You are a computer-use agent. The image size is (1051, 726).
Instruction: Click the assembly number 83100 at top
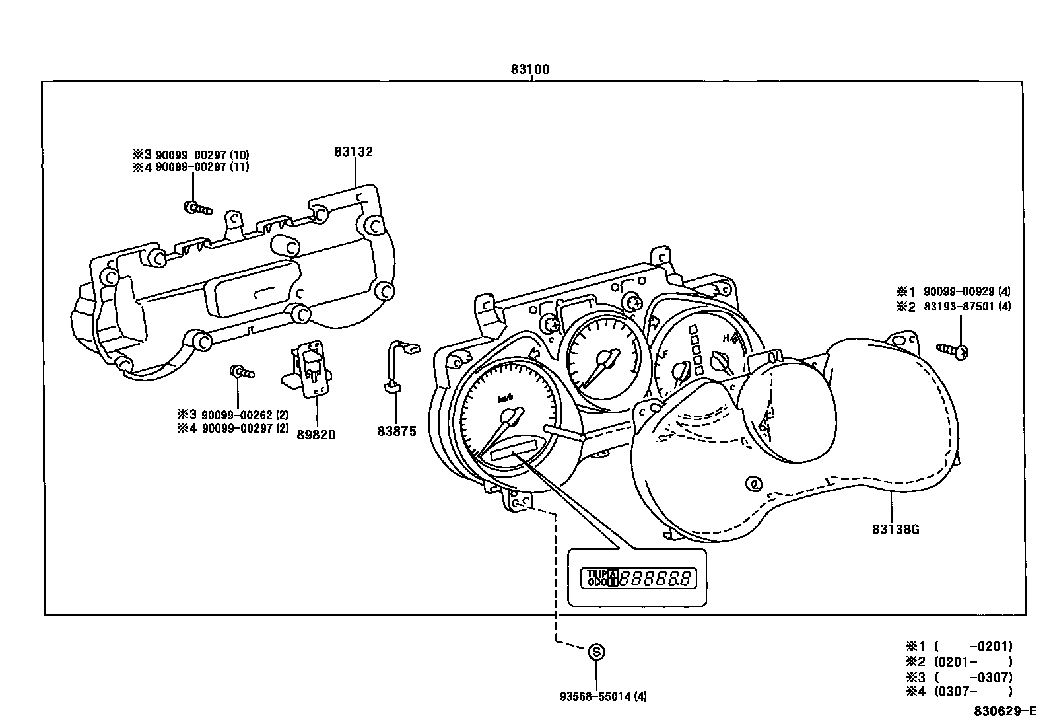[x=529, y=69]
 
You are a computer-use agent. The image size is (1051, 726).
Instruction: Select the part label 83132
[x=353, y=152]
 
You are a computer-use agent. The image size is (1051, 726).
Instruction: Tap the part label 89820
[x=316, y=435]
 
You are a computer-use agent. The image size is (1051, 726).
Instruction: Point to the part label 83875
[x=397, y=431]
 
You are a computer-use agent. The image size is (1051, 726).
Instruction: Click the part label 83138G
[x=895, y=529]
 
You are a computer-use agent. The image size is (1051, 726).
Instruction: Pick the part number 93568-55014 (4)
[x=603, y=696]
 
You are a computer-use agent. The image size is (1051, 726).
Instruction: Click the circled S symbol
[x=596, y=652]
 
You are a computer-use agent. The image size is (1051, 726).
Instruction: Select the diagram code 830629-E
[x=1005, y=712]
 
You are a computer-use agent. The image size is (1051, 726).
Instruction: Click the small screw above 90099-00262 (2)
[x=242, y=372]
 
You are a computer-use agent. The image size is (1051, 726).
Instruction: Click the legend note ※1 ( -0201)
[x=959, y=647]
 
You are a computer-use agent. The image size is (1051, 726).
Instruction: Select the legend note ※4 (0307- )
[x=959, y=692]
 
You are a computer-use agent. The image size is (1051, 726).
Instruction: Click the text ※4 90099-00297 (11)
[x=191, y=168]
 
